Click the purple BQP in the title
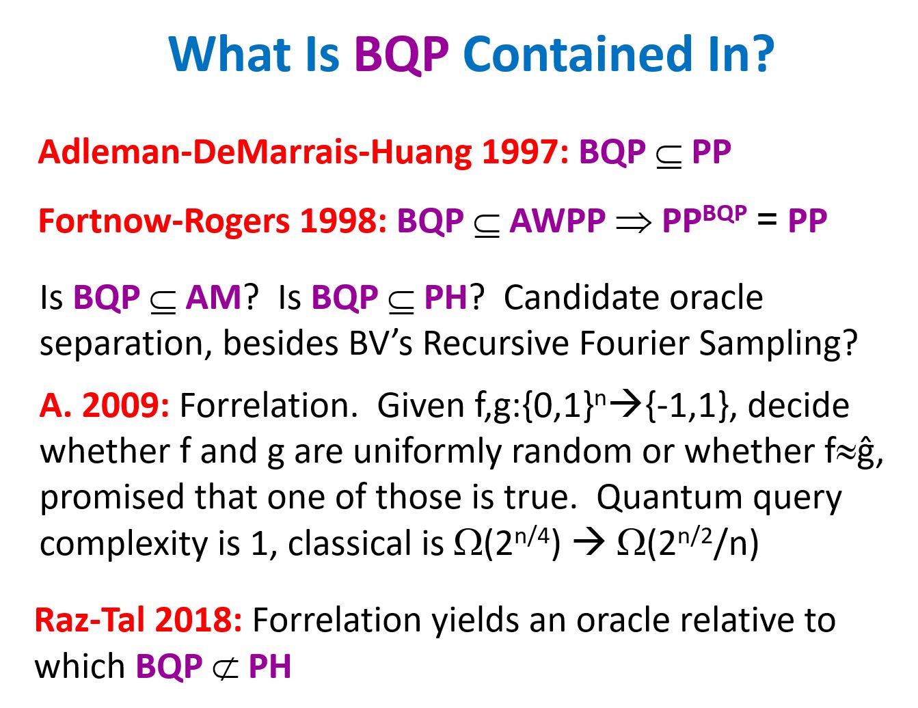pyautogui.click(x=401, y=55)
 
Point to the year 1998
pyautogui.click(x=342, y=220)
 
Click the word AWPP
pyautogui.click(x=558, y=220)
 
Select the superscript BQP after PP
pyautogui.click(x=725, y=213)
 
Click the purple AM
pyautogui.click(x=213, y=297)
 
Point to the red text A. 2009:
pyautogui.click(x=104, y=405)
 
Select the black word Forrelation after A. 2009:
pyautogui.click(x=269, y=405)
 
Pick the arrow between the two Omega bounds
pyautogui.click(x=588, y=543)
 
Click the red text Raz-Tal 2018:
pyautogui.click(x=138, y=620)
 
